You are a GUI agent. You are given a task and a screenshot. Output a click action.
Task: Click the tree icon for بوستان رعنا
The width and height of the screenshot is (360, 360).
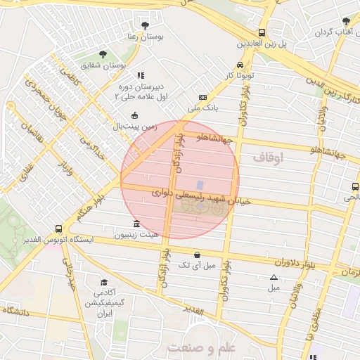[146, 26]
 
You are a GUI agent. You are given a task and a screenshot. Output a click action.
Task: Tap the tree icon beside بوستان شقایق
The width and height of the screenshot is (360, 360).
[103, 54]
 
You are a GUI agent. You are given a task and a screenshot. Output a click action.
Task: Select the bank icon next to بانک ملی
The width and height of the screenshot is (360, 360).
[202, 98]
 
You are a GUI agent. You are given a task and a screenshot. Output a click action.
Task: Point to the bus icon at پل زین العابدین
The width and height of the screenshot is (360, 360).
[262, 32]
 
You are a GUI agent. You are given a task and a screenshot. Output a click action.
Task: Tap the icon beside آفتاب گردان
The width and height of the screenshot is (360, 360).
[346, 21]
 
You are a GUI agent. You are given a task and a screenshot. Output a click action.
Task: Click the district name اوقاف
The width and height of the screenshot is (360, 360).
[268, 159]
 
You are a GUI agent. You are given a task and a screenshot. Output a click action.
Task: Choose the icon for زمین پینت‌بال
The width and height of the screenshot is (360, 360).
[135, 116]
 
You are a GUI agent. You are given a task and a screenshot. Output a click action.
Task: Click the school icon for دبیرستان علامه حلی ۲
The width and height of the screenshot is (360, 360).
[140, 75]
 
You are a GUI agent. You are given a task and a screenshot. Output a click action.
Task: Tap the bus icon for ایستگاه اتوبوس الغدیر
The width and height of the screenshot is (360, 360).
[58, 229]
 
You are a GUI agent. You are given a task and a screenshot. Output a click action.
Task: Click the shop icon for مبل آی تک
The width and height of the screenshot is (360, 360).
[195, 255]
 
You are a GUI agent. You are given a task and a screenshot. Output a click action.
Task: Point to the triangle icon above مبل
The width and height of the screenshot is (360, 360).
[274, 277]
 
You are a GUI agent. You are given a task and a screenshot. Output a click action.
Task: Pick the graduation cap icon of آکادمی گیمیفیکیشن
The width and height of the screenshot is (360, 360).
[104, 281]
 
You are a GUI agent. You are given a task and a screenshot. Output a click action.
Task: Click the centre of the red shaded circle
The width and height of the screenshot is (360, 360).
[180, 179]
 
